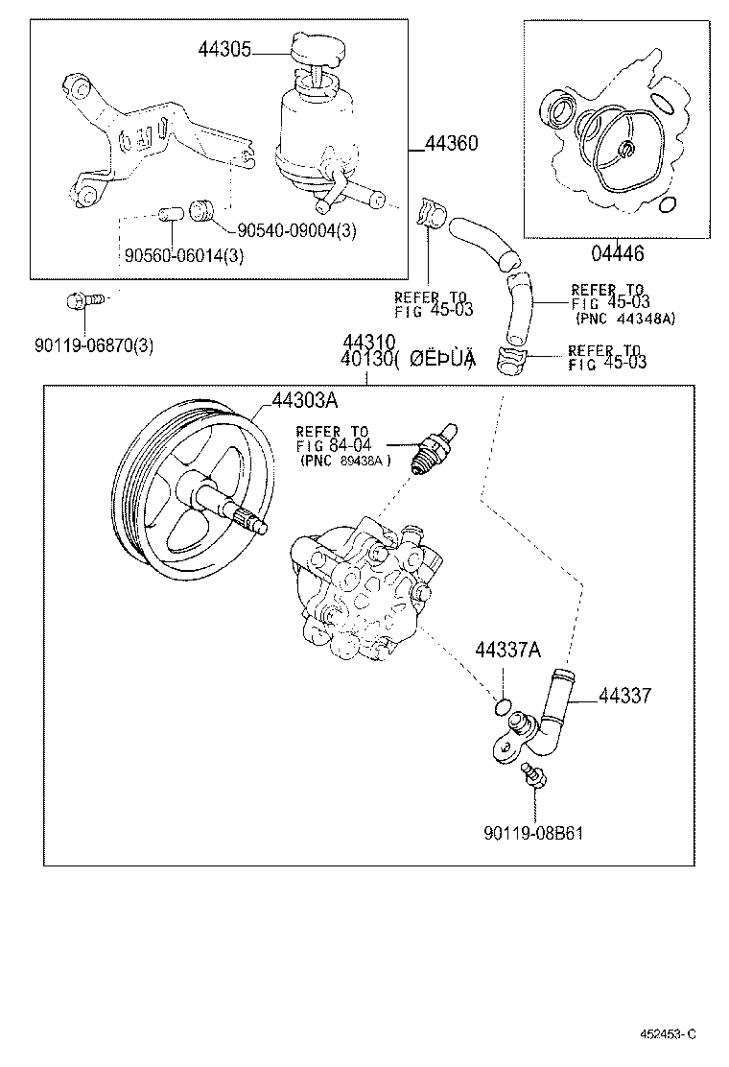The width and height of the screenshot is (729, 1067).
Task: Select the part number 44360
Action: [x=451, y=144]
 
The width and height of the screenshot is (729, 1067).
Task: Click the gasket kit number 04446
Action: [x=618, y=253]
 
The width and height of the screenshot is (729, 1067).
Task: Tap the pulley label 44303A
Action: [x=304, y=400]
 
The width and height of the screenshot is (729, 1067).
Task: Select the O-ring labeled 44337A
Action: [x=499, y=708]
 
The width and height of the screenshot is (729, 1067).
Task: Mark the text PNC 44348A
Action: [x=624, y=319]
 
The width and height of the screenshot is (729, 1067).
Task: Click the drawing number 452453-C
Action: [x=668, y=1033]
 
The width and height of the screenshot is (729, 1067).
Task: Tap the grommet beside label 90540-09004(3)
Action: [x=200, y=208]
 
